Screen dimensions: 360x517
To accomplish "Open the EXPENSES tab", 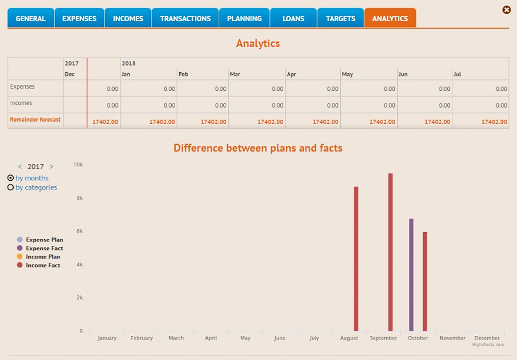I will (x=79, y=18).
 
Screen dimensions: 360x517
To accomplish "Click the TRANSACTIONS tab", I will (x=185, y=18).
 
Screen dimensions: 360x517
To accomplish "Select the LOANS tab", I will (x=293, y=18).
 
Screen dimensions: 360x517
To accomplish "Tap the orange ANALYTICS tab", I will (x=390, y=18).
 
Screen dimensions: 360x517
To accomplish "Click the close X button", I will (x=506, y=10).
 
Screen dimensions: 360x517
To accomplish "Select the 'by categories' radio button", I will (x=11, y=187).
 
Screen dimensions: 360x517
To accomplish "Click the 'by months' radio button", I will (x=11, y=178).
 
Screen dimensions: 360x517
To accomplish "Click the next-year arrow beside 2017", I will (x=51, y=167).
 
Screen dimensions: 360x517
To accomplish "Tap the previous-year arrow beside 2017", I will (x=20, y=167).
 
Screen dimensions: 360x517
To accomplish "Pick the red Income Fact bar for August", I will (x=356, y=259).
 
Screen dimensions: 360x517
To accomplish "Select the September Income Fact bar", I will (x=390, y=252).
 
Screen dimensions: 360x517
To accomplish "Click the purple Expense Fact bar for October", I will (x=411, y=275).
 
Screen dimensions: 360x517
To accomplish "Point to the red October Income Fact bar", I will (x=425, y=281).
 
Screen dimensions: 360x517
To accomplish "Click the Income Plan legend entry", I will (x=43, y=256).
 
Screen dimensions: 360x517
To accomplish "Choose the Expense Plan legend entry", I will (x=44, y=240).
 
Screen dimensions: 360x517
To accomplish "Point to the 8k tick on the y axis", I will (x=79, y=198).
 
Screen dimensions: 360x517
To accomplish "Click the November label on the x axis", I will (x=452, y=338).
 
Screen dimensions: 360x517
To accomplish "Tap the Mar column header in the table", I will (x=235, y=74).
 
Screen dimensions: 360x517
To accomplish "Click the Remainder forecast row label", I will (x=35, y=120).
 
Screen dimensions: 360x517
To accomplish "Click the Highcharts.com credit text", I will (x=488, y=344).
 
